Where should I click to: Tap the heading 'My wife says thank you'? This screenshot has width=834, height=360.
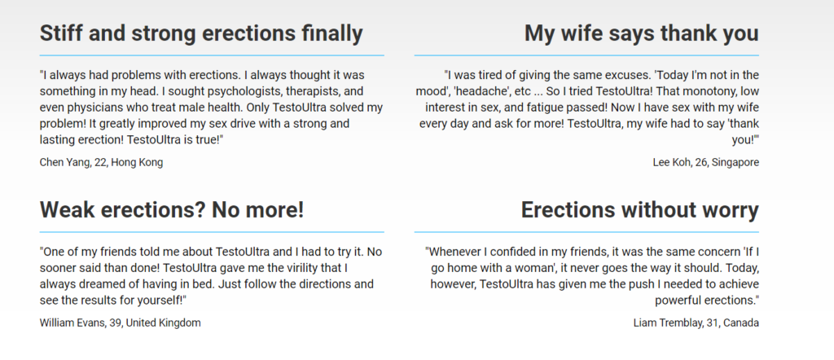642,33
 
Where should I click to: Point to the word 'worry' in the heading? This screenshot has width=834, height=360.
728,211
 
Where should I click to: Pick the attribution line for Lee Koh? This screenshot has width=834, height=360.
706,163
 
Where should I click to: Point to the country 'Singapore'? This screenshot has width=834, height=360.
736,163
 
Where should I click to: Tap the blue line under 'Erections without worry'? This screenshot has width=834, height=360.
586,232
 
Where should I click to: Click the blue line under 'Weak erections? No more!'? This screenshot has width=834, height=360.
212,232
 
